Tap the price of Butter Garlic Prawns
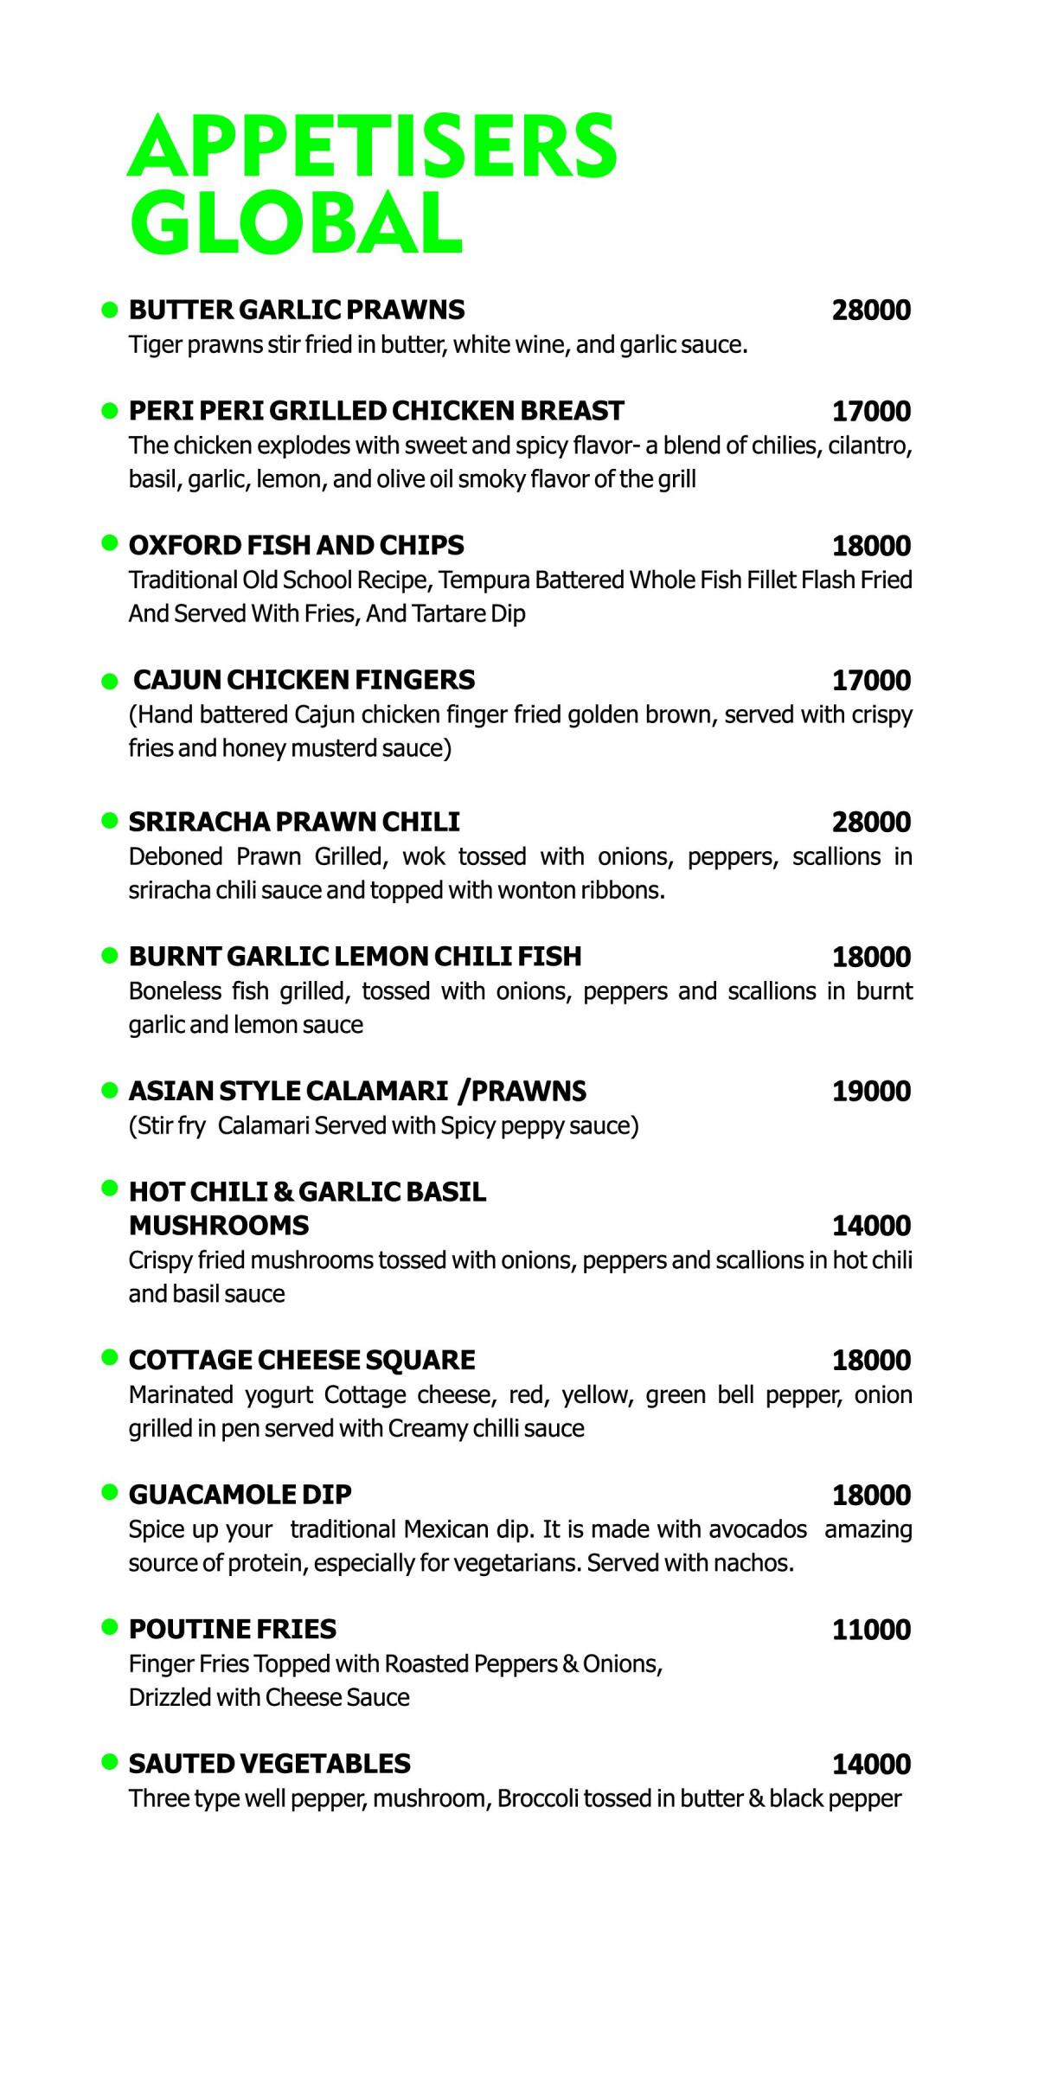coord(871,311)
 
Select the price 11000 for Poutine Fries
coord(871,1630)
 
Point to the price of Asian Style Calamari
coord(871,1092)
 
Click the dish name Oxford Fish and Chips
coord(296,545)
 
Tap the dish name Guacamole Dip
coord(240,1494)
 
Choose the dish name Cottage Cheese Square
coord(301,1360)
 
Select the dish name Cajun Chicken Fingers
coord(304,680)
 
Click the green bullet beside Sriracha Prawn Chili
coord(109,819)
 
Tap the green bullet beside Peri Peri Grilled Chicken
coord(109,409)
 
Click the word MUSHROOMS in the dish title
coord(218,1226)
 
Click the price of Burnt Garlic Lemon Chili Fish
coord(871,957)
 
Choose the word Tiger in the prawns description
coord(153,345)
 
